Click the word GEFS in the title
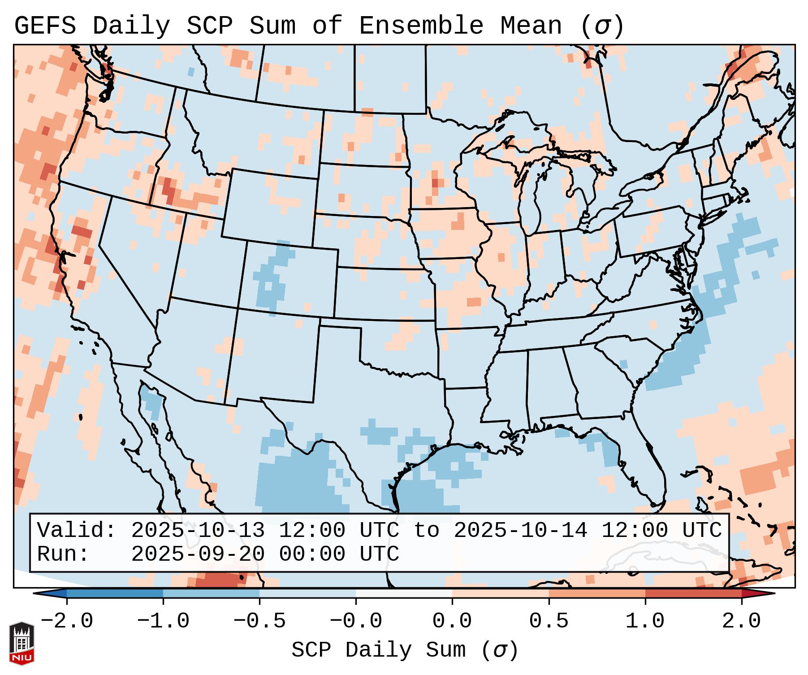click(x=45, y=26)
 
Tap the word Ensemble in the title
click(x=421, y=26)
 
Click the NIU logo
click(x=22, y=643)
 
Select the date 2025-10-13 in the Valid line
click(x=198, y=531)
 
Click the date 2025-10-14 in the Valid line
click(x=520, y=531)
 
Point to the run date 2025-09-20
click(x=198, y=554)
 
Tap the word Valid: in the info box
click(x=77, y=531)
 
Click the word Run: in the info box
click(x=63, y=554)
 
